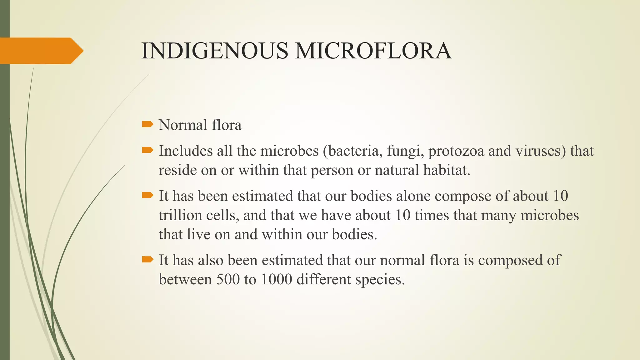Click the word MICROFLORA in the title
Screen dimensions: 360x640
tap(373, 51)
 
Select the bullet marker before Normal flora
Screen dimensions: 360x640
tap(147, 125)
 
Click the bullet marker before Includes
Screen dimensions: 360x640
tap(147, 151)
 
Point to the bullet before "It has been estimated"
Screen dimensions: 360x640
tap(147, 196)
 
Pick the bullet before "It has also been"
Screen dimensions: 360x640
tap(147, 260)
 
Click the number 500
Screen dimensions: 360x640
tap(228, 279)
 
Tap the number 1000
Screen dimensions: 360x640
tap(277, 279)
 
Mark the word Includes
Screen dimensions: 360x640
tap(186, 151)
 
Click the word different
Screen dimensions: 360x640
tap(323, 279)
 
